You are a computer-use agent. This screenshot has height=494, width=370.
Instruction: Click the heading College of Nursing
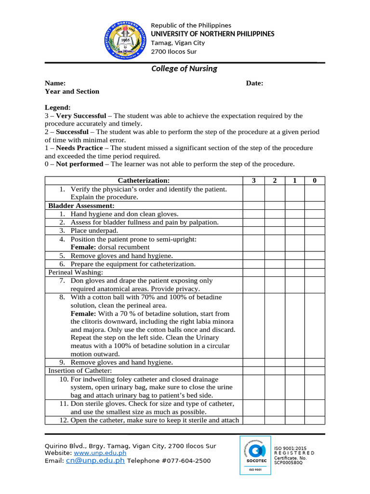pyautogui.click(x=184, y=69)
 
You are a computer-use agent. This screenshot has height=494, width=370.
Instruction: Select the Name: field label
pyautogui.click(x=55, y=83)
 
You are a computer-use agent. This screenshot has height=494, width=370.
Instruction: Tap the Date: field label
pyautogui.click(x=254, y=83)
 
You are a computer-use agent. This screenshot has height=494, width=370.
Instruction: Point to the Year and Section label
pyautogui.click(x=72, y=91)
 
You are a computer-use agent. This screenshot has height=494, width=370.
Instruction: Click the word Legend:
pyautogui.click(x=58, y=107)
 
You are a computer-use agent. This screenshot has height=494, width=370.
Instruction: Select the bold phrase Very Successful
pyautogui.click(x=81, y=116)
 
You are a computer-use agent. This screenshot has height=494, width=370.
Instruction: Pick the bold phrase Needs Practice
pyautogui.click(x=79, y=148)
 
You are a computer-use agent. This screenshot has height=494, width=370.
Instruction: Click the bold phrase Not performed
pyautogui.click(x=79, y=164)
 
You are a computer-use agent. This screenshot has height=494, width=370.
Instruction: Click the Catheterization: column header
pyautogui.click(x=144, y=180)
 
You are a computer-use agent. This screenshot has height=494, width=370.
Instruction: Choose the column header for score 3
pyautogui.click(x=253, y=180)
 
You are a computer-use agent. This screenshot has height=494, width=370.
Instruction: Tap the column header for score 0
pyautogui.click(x=315, y=180)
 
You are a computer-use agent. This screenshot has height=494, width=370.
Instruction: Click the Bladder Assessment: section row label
pyautogui.click(x=81, y=206)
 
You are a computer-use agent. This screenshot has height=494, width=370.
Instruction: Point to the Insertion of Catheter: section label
pyautogui.click(x=80, y=370)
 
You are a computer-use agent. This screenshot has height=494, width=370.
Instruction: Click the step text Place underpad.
pyautogui.click(x=94, y=231)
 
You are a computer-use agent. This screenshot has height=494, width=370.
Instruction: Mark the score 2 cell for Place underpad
pyautogui.click(x=275, y=231)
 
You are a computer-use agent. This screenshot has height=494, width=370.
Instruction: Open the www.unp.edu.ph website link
pyautogui.click(x=100, y=453)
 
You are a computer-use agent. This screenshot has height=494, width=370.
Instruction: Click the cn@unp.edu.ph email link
pyautogui.click(x=95, y=461)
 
